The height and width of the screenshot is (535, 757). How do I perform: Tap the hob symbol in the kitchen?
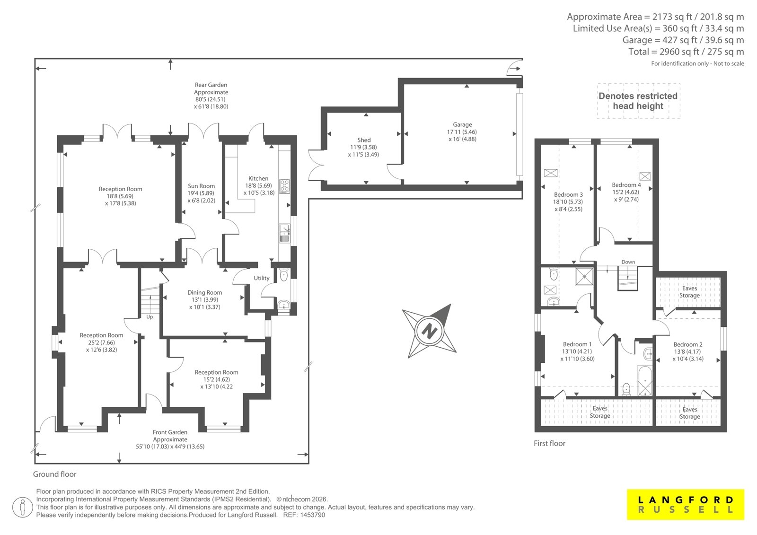point(284,186)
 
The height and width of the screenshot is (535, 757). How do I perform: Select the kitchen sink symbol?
point(284,233)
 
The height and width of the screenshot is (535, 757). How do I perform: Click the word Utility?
point(262,278)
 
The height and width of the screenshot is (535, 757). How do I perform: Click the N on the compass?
point(429,331)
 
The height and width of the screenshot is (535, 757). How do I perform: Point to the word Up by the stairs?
point(150,317)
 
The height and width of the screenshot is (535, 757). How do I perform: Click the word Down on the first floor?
point(628,262)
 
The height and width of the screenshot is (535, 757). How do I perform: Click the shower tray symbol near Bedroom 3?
point(584,276)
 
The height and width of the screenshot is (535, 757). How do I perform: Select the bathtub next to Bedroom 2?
point(645,380)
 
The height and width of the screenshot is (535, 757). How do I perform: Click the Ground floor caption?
point(55,474)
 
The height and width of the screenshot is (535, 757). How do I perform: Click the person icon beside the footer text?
point(22,507)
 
